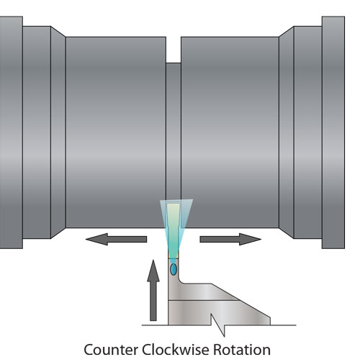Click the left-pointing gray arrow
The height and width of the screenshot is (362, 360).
pos(116,239)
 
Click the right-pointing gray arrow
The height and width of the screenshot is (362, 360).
pos(230,239)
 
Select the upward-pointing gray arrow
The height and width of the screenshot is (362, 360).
pos(153,290)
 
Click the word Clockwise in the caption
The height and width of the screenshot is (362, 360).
pos(176,350)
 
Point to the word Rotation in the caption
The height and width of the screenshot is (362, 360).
pos(242,350)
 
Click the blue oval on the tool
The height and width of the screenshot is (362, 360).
pos(174,269)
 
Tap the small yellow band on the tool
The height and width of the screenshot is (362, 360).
pos(174,257)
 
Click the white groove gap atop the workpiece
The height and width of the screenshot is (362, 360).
pos(174,50)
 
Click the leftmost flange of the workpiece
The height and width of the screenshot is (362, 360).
pos(12,132)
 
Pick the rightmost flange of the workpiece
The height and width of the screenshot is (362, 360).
pos(333,132)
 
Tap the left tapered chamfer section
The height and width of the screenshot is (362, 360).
pos(58,132)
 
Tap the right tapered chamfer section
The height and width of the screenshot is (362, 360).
pos(287,132)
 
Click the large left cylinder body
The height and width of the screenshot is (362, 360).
pos(116,132)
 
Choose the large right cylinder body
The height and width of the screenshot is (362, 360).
pos(230,132)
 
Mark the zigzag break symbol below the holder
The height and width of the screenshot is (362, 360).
pos(218,325)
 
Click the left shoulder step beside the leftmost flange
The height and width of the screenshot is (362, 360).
pos(37,132)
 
